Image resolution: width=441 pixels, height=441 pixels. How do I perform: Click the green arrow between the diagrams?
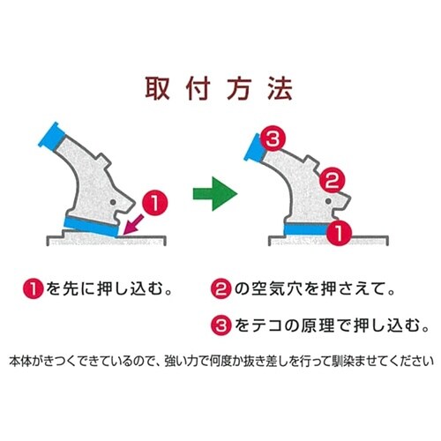pos(215,194)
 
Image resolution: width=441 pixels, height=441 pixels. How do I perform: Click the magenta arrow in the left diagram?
pos(134,225)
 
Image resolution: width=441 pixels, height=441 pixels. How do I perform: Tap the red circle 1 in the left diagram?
pos(155,203)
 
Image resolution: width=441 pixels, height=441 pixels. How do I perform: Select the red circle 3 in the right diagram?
pos(273,138)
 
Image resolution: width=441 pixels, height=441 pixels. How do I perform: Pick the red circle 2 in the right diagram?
pos(333,180)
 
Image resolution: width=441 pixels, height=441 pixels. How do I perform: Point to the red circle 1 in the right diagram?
pos(340,233)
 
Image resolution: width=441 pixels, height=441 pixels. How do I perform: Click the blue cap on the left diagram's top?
pos(52,136)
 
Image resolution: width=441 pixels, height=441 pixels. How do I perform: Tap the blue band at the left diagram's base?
pos(91,226)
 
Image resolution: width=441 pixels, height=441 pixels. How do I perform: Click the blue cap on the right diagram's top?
pos(254,148)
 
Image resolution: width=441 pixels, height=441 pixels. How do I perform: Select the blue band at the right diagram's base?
pos(306,229)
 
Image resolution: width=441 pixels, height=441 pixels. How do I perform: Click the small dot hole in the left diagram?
pos(113,202)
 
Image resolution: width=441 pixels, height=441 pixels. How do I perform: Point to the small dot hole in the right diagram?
pos(329,201)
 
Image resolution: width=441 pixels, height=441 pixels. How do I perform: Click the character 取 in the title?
pos(158,88)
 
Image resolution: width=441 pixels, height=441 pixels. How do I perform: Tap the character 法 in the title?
pos(280,88)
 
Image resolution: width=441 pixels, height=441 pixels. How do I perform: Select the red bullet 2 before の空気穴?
pos(221,288)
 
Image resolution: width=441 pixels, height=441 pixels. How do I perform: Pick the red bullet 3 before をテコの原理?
pos(221,325)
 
